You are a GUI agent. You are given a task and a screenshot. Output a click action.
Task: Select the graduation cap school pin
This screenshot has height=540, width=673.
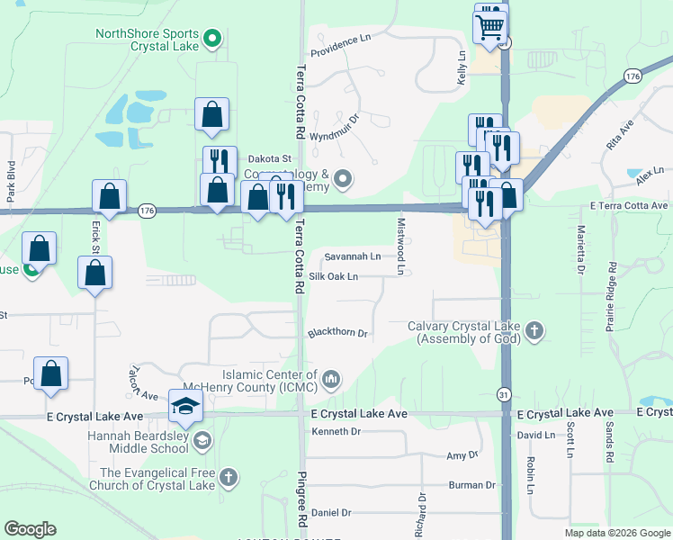point(185,407)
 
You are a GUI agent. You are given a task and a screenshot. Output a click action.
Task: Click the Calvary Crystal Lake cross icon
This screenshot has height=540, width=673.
point(534,331)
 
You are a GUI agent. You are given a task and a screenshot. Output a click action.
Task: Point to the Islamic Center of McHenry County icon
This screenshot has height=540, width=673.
point(331,380)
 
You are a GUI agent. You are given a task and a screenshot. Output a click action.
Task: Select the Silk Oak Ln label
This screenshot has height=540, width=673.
point(334,276)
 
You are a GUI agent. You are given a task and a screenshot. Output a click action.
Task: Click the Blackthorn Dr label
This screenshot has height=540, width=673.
point(338,333)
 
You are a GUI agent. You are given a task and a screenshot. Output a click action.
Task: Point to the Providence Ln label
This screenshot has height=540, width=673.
point(341,40)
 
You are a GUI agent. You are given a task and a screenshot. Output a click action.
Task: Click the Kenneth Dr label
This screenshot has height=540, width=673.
point(336,432)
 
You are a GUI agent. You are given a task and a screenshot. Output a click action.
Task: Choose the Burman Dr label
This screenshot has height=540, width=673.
point(472,485)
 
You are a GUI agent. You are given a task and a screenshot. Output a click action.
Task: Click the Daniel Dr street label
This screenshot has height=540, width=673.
point(331,512)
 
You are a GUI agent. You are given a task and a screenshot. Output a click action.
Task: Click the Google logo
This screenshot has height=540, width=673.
point(30,528)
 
